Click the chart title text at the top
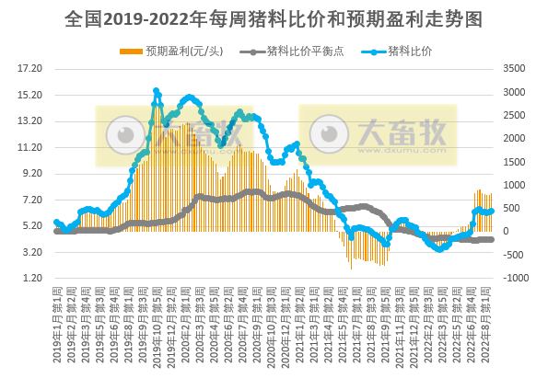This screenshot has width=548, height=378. (x=274, y=17)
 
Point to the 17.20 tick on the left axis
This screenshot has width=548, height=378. (x=30, y=69)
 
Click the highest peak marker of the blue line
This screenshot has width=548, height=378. (x=156, y=91)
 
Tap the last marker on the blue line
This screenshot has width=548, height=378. (x=492, y=211)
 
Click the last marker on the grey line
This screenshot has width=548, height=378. (x=492, y=239)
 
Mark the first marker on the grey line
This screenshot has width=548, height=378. (x=56, y=231)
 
